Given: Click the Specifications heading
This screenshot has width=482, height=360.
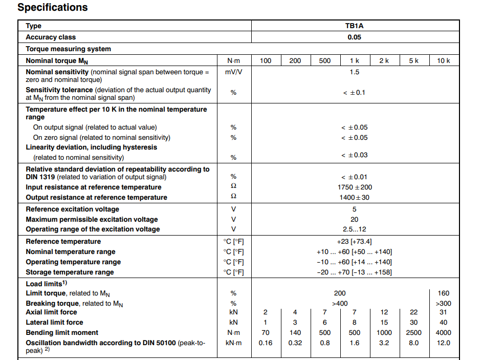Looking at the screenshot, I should (53, 8).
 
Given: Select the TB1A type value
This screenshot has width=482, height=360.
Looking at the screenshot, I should (355, 26).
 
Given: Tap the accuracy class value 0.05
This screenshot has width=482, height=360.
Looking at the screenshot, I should (355, 37).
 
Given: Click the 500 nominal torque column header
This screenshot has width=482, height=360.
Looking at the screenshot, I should (325, 61).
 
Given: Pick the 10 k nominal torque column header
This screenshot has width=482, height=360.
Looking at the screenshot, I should (444, 61).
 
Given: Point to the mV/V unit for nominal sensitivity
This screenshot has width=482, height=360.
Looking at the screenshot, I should (233, 72).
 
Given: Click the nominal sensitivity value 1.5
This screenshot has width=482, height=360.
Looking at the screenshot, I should (355, 72).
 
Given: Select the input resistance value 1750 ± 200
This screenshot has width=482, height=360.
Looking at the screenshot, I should (355, 187).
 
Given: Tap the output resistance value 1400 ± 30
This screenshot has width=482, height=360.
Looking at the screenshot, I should (355, 198).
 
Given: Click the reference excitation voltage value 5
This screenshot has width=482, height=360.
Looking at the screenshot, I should (355, 209).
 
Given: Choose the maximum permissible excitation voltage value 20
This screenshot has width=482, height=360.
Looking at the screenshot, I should (355, 219).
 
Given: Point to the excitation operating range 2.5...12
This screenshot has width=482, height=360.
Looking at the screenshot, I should (355, 229).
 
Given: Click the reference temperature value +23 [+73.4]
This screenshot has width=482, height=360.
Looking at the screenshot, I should (355, 242).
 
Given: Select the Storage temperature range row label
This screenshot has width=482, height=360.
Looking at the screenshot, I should (70, 272).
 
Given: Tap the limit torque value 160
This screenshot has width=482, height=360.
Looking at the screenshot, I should (444, 293).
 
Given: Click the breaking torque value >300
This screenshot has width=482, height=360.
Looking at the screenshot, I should (444, 303).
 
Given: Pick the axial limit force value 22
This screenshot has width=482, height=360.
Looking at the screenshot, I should (414, 312).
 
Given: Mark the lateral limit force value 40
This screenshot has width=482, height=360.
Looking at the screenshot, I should (444, 323).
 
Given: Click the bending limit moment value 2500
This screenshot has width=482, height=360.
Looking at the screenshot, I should (414, 333).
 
